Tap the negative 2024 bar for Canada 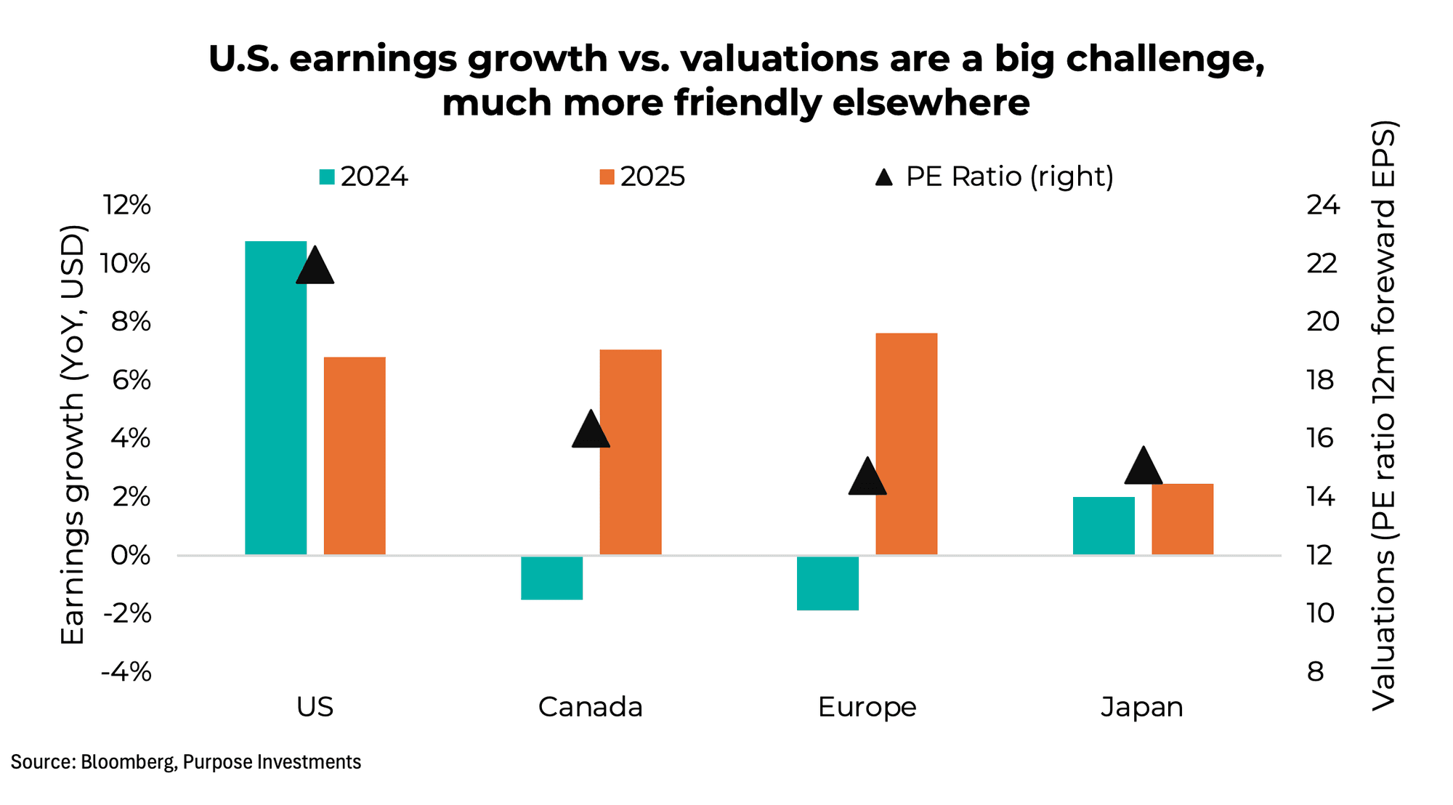pyautogui.click(x=551, y=578)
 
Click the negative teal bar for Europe pyautogui.click(x=827, y=583)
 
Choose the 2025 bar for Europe pyautogui.click(x=906, y=444)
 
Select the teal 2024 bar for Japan pyautogui.click(x=1104, y=526)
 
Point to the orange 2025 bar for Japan pyautogui.click(x=1182, y=519)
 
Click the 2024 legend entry pyautogui.click(x=365, y=177)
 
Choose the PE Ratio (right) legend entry pyautogui.click(x=995, y=177)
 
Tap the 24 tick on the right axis pyautogui.click(x=1322, y=205)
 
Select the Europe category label pyautogui.click(x=867, y=707)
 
